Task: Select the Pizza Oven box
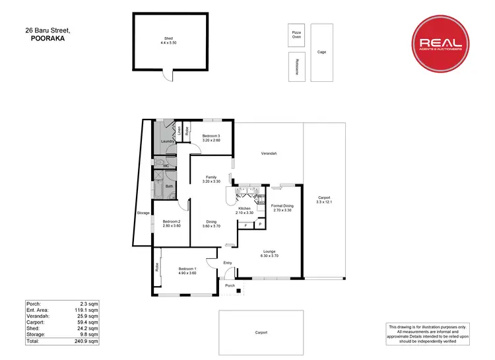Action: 296,36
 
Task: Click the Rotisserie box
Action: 297,67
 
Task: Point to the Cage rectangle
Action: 322,53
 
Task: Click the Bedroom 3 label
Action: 211,137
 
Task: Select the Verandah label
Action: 268,153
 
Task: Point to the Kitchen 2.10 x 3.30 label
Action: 244,211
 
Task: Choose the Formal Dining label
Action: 282,208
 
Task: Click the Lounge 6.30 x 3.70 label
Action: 269,253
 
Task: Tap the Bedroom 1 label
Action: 187,271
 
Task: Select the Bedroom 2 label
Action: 172,224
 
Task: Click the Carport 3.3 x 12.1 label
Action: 323,199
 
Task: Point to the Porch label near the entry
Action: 230,285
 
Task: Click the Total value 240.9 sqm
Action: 88,342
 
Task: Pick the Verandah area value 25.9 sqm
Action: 88,316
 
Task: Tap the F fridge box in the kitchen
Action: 246,226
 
